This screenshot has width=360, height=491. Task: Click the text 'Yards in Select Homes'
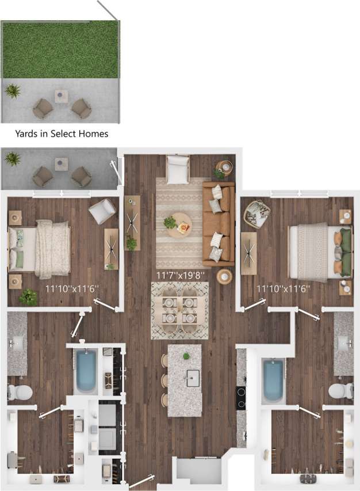click(x=62, y=134)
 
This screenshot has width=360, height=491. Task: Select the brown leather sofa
click(x=219, y=224)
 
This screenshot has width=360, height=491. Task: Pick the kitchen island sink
click(x=193, y=378)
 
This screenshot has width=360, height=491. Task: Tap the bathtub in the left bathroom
click(x=86, y=371)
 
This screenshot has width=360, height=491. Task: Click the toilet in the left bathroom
click(x=20, y=393)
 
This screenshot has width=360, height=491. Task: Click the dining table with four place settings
click(x=179, y=310)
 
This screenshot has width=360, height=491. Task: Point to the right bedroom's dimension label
click(x=284, y=287)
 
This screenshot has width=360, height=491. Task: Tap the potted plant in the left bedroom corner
click(x=28, y=297)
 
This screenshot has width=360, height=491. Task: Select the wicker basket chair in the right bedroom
click(x=256, y=214)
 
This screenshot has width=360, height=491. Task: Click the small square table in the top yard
click(x=62, y=96)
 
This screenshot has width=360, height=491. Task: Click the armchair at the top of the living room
click(x=178, y=169)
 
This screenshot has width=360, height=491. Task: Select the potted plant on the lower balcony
click(x=12, y=158)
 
